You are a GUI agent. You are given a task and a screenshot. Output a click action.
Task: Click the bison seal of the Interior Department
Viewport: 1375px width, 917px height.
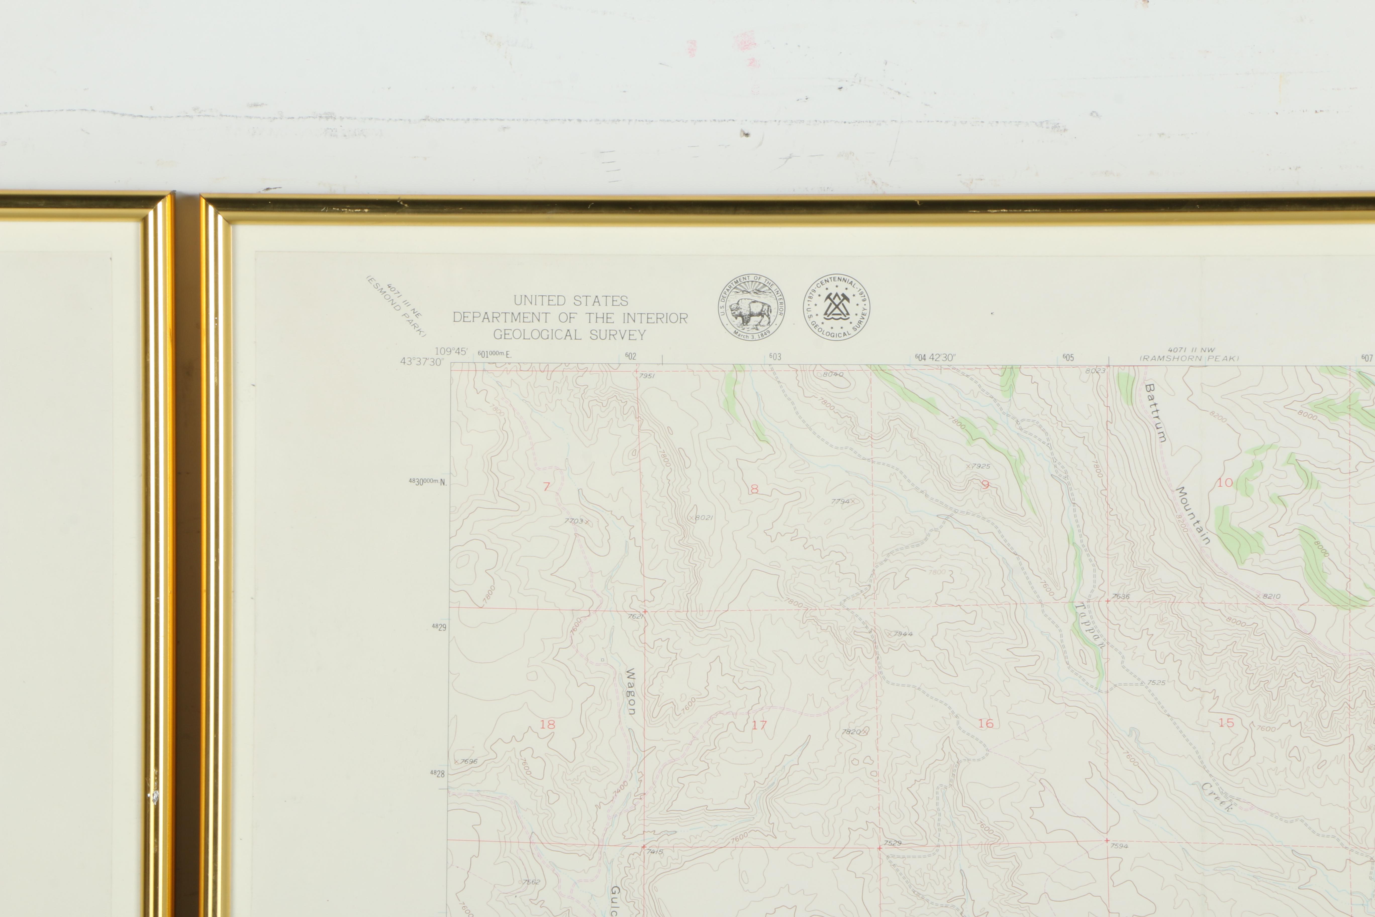point(751,307)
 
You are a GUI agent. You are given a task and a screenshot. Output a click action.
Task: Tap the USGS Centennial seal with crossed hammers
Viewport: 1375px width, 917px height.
point(836,307)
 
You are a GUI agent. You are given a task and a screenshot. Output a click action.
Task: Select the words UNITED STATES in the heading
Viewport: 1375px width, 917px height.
point(571,301)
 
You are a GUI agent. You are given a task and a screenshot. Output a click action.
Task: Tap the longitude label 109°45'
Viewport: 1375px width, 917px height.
point(451,351)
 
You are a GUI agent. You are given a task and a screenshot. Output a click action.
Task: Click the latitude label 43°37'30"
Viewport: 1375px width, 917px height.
point(421,361)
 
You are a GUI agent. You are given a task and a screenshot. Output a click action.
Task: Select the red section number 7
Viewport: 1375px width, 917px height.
point(547,486)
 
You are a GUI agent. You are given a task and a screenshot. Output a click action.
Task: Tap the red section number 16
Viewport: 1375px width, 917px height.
point(986,723)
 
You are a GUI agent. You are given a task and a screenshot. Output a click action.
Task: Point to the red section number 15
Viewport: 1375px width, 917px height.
point(1226,723)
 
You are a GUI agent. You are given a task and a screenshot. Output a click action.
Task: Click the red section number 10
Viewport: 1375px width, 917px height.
point(1225,482)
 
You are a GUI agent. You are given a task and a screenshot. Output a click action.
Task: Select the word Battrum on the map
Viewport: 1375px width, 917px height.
point(1155,413)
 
